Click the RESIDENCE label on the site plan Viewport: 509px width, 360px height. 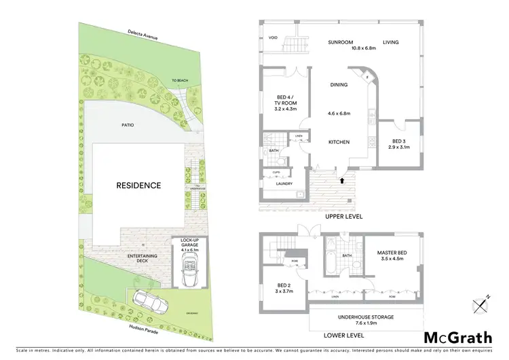point(138,185)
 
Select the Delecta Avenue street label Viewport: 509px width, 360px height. point(142,35)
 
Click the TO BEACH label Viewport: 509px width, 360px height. point(179,81)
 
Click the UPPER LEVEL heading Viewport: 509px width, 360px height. point(343,216)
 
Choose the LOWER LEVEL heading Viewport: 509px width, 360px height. point(343,336)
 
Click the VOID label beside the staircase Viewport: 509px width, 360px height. point(274,38)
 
